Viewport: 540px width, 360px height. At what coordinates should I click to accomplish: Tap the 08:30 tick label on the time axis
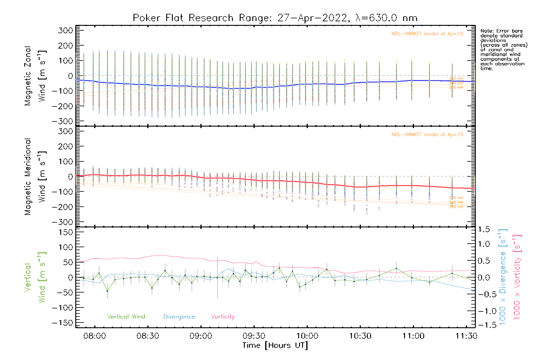point(148,336)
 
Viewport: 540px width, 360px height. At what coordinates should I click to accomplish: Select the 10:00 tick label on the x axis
point(307,336)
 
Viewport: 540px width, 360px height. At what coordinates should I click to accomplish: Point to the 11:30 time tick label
point(466,336)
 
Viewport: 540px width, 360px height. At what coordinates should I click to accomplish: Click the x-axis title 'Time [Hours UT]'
point(275,346)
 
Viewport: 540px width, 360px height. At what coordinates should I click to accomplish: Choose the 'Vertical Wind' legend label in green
point(126,317)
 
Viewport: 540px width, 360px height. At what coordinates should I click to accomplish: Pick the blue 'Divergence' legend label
point(179,317)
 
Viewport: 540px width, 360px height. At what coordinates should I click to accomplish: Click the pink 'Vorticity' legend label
point(223,317)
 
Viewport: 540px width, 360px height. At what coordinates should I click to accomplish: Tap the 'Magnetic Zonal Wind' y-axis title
point(35,76)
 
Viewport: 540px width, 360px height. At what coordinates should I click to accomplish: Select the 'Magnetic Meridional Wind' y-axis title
point(35,177)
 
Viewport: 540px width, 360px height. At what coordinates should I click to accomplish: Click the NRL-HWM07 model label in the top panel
point(427,34)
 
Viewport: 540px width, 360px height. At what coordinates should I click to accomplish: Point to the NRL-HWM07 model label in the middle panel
point(427,135)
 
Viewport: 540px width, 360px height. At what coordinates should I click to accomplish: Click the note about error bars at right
point(503,49)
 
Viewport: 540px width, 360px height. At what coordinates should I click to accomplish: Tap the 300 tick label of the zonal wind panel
point(65,30)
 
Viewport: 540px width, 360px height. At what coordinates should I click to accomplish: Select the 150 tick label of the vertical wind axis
point(65,232)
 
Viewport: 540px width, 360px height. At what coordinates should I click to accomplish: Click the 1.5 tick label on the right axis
point(484,229)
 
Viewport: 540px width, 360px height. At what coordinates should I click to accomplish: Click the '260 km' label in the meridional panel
point(456,207)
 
